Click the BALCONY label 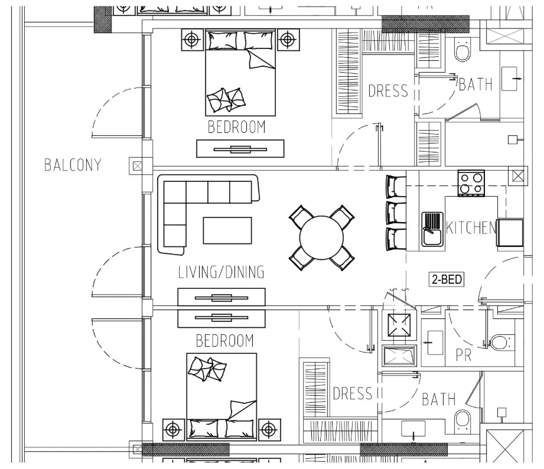point(73,165)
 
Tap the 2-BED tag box point(447,279)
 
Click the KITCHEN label point(471,228)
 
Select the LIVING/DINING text point(221,272)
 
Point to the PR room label point(464,355)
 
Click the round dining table point(321,237)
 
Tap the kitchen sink point(432,229)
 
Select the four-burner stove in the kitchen point(471,183)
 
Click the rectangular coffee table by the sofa point(227,230)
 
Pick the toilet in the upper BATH point(462,51)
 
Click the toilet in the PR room point(501,342)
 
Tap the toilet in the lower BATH point(462,422)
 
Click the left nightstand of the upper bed point(192,40)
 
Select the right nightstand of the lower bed point(269,430)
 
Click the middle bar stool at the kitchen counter point(396,213)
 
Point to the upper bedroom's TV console point(240,148)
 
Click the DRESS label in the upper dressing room point(388,90)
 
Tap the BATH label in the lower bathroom point(438,399)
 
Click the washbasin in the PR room point(435,343)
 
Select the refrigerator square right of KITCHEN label point(510,232)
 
